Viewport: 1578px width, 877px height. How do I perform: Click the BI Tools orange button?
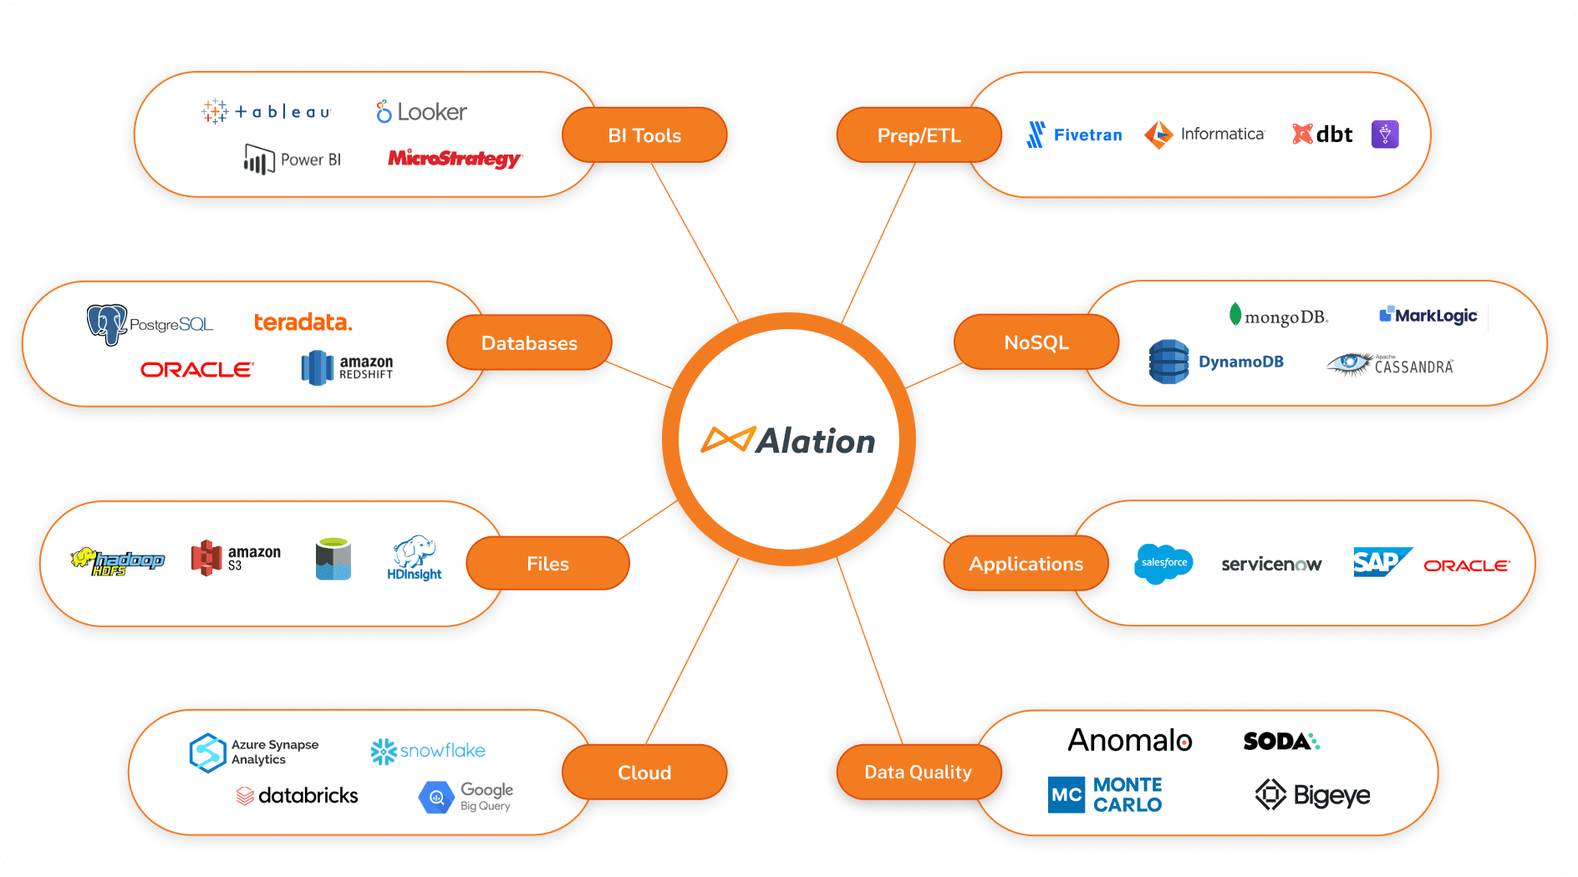(644, 135)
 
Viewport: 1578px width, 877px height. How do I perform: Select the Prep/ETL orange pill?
(919, 135)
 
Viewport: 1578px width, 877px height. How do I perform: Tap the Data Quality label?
(918, 772)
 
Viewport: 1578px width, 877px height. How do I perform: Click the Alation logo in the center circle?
(788, 440)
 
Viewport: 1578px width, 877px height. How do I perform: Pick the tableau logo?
(267, 111)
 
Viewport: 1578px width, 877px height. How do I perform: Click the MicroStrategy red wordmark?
(454, 158)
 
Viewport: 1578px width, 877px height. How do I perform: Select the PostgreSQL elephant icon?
(106, 324)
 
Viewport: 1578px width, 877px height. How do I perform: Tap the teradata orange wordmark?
(303, 322)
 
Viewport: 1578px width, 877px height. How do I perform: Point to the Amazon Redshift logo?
(347, 368)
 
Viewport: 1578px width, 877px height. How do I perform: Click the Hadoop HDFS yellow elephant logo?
(117, 561)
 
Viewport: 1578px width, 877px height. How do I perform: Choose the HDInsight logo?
(415, 558)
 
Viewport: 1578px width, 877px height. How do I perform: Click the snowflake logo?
(428, 751)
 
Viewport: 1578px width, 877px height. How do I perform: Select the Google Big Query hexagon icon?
(435, 798)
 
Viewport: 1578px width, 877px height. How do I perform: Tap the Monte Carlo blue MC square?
(1066, 794)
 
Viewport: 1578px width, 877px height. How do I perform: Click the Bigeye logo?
(1312, 794)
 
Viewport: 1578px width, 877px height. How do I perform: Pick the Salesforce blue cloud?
(1164, 563)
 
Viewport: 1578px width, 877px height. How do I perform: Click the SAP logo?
(1380, 562)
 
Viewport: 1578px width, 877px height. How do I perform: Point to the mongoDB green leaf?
(1235, 315)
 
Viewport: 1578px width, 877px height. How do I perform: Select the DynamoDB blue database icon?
(1168, 362)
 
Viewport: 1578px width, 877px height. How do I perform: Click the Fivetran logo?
(1074, 134)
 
